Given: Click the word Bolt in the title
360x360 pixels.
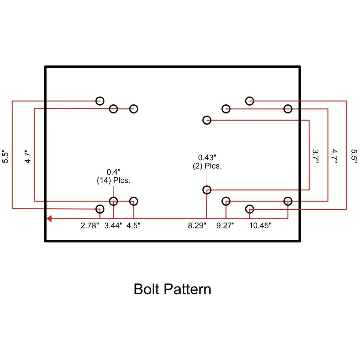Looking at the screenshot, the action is [146, 289].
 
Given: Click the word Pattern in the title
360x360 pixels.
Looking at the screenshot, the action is [187, 289].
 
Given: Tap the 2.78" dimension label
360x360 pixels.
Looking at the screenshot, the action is [90, 226].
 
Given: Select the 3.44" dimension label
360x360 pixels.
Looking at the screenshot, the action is [113, 226].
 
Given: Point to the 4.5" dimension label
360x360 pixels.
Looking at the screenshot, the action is [133, 226].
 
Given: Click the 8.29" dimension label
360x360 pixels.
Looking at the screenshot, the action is [197, 226].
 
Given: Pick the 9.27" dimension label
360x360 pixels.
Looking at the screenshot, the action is [226, 226].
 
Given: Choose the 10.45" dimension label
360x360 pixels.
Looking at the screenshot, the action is [260, 226].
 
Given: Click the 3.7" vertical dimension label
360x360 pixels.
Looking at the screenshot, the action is [315, 156].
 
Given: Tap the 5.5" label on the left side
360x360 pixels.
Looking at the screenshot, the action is [5, 156].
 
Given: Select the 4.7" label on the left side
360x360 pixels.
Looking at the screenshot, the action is [28, 156].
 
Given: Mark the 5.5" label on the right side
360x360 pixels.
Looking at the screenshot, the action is [354, 156].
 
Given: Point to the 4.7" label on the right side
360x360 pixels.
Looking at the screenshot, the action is [334, 156].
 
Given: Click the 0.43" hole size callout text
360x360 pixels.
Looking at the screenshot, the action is [207, 158].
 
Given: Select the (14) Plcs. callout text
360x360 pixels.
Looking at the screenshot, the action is [114, 181].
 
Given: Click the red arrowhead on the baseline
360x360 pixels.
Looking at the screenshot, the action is [49, 219].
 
